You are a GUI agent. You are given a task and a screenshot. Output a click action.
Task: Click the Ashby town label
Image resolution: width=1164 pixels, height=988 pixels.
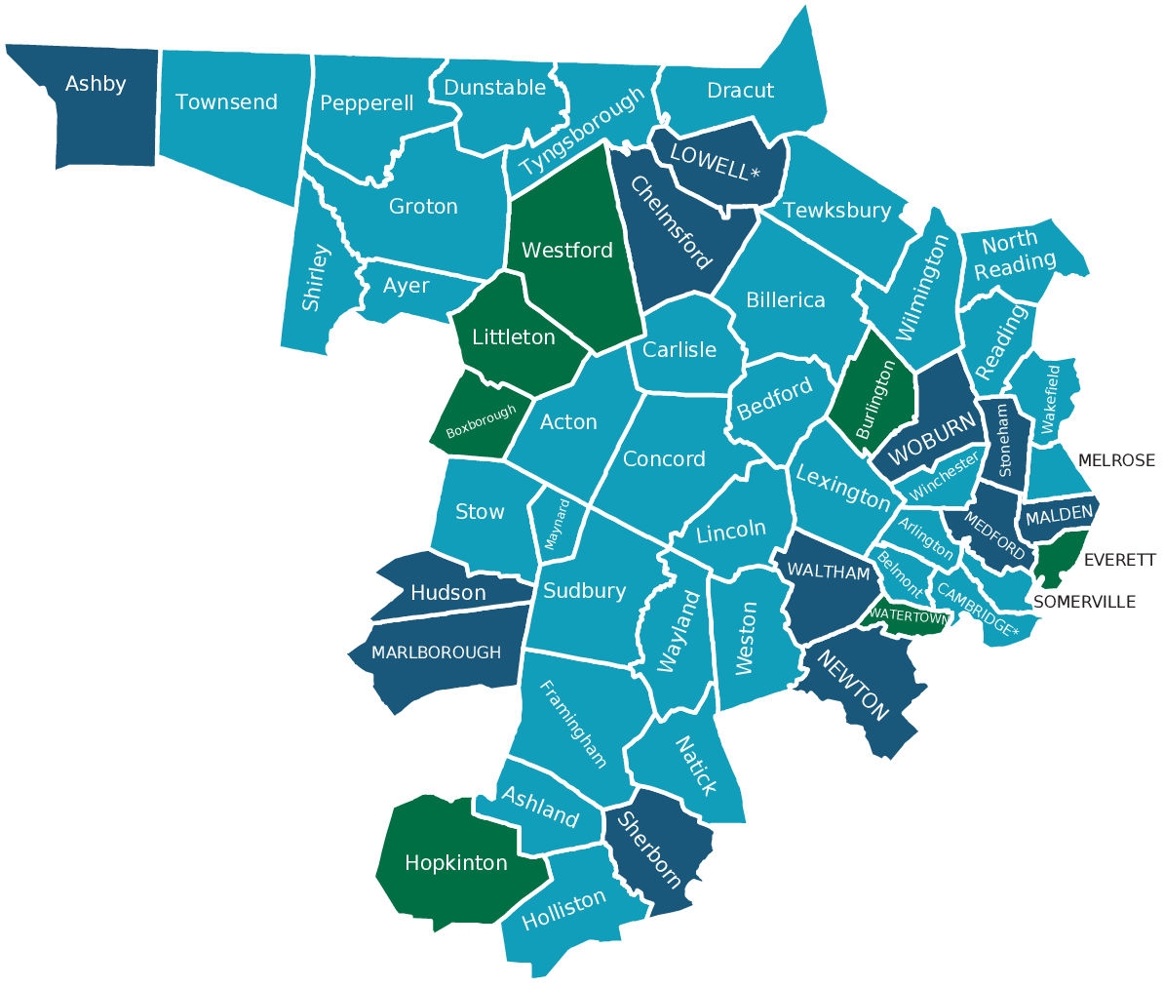coord(96,84)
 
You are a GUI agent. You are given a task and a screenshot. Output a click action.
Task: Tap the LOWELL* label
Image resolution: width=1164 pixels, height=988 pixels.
coord(714,163)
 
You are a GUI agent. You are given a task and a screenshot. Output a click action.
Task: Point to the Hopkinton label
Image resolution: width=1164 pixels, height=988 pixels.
coord(455,863)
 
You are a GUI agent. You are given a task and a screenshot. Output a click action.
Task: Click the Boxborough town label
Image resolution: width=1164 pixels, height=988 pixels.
coord(481,422)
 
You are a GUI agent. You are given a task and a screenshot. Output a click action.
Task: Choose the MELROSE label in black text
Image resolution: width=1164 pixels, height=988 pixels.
coord(1115,460)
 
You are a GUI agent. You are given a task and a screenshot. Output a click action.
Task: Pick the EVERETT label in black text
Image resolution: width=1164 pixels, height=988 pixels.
coord(1119,560)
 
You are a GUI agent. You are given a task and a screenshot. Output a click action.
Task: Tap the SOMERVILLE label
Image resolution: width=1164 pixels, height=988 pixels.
coord(1083,602)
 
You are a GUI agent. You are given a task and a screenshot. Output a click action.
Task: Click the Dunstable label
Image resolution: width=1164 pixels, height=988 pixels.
coord(494,88)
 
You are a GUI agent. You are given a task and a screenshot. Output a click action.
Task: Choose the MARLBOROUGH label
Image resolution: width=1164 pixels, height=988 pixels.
coord(436,652)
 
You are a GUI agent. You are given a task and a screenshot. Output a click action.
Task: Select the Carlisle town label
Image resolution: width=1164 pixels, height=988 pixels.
coord(679,350)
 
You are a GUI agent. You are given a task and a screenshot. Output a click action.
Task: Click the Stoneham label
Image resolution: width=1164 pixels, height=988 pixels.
coord(1004,440)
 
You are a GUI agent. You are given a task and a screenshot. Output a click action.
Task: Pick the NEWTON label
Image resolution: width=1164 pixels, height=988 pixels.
coord(853,686)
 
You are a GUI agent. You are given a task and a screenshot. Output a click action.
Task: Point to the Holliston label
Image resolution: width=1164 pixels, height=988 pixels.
coord(563,910)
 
